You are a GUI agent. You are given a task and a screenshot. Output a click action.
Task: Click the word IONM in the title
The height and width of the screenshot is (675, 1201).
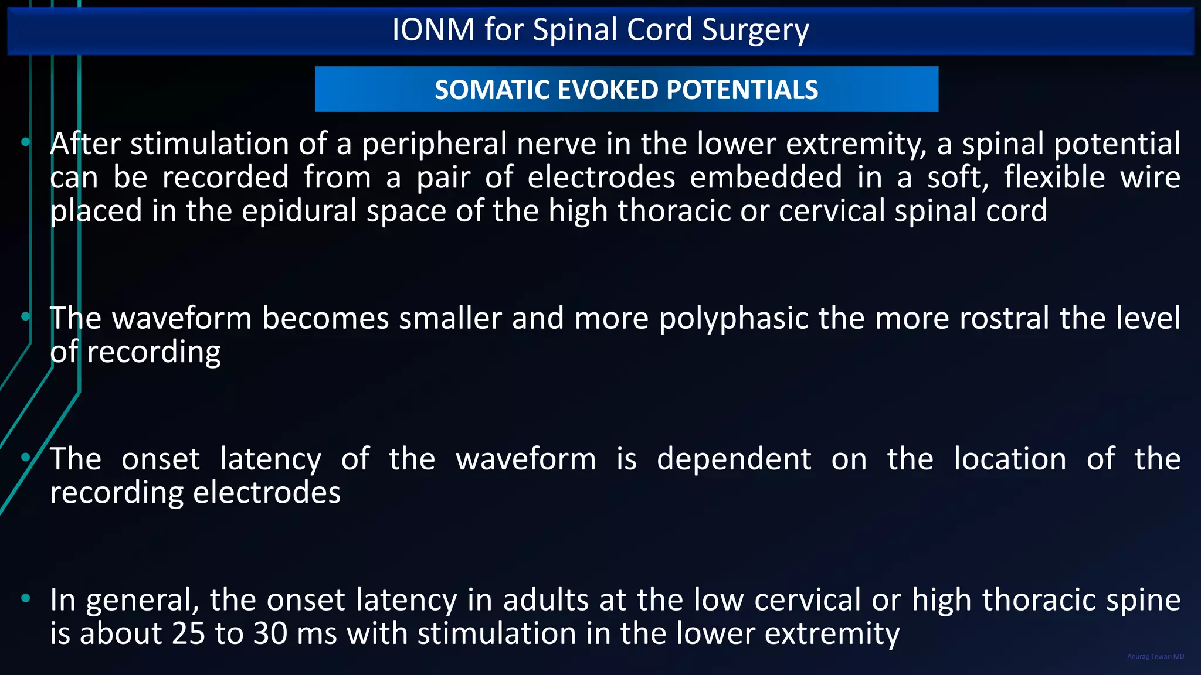pyautogui.click(x=433, y=29)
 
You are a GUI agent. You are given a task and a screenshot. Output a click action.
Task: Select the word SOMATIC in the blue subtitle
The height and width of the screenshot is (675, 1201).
pyautogui.click(x=491, y=90)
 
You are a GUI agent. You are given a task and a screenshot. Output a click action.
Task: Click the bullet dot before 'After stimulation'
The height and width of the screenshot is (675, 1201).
pyautogui.click(x=25, y=142)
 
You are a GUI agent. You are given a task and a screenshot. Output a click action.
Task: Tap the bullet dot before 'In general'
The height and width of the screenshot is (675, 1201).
pyautogui.click(x=25, y=598)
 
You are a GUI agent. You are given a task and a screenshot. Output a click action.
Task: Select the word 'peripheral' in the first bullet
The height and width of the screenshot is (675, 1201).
pyautogui.click(x=434, y=144)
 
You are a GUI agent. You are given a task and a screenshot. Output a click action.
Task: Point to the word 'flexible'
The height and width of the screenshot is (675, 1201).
pyautogui.click(x=1054, y=178)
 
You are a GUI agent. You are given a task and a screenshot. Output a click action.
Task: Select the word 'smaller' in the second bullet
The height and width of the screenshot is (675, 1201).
pyautogui.click(x=450, y=318)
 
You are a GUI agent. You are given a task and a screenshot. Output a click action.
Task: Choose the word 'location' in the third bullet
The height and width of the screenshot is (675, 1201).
pyautogui.click(x=1010, y=459)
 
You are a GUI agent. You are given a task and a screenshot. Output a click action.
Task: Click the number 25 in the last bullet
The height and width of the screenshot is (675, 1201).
pyautogui.click(x=188, y=633)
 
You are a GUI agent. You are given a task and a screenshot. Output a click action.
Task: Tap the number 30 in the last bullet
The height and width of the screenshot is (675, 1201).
pyautogui.click(x=270, y=633)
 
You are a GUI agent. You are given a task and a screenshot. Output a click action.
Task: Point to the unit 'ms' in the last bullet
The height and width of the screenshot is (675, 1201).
pyautogui.click(x=317, y=635)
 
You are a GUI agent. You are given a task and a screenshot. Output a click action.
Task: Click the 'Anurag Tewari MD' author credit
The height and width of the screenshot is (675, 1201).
pyautogui.click(x=1155, y=656)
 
